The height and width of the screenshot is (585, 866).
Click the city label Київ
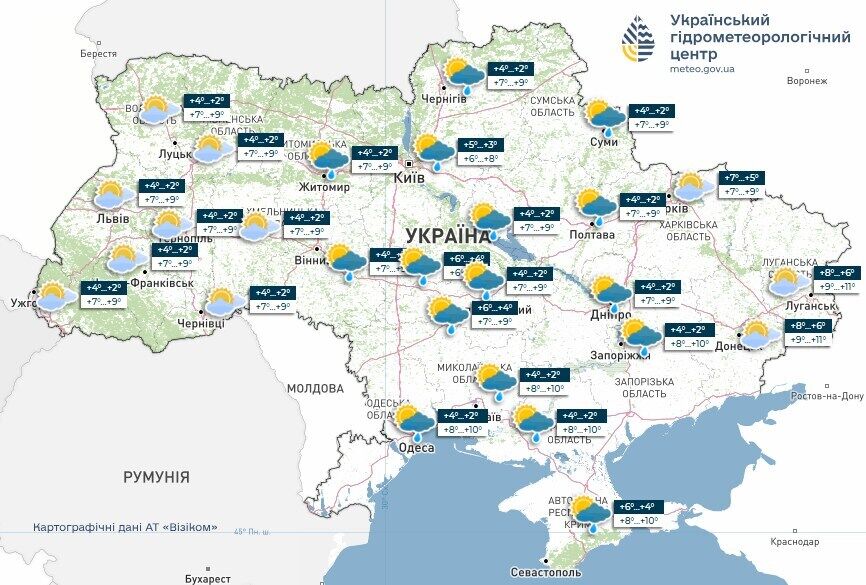click(410, 177)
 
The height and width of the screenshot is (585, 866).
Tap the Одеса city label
click(416, 448)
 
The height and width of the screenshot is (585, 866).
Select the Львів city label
click(111, 219)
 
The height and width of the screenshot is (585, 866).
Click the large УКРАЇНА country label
click(448, 236)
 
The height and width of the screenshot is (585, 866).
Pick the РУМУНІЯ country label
click(156, 477)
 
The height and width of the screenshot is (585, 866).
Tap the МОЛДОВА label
click(315, 388)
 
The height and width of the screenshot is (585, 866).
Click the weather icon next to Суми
click(604, 117)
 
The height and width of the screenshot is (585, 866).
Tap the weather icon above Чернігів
click(464, 72)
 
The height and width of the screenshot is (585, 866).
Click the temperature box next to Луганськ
click(836, 279)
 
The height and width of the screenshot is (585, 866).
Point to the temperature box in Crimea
click(635, 513)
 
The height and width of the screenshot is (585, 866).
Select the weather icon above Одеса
click(412, 421)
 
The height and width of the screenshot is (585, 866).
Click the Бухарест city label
click(208, 578)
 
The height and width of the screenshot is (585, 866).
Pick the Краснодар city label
click(793, 541)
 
